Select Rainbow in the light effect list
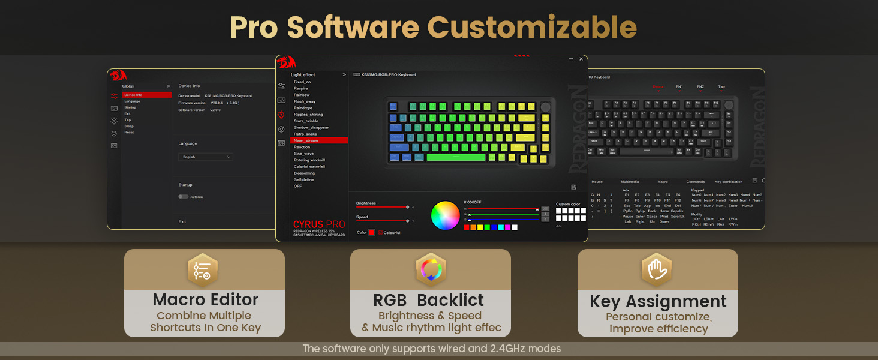pyautogui.click(x=302, y=95)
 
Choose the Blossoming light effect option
pyautogui.click(x=304, y=173)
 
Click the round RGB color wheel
pyautogui.click(x=445, y=215)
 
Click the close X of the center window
pyautogui.click(x=581, y=59)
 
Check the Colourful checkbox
pyautogui.click(x=380, y=232)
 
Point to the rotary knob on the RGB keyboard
pyautogui.click(x=545, y=107)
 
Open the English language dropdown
pyautogui.click(x=206, y=157)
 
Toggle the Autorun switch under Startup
pyautogui.click(x=183, y=197)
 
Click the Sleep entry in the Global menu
pyautogui.click(x=129, y=126)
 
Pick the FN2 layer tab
pyautogui.click(x=700, y=87)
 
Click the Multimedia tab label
pyautogui.click(x=630, y=182)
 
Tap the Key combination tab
pyautogui.click(x=728, y=182)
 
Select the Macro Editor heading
pyautogui.click(x=205, y=299)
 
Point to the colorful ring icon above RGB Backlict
pyautogui.click(x=431, y=270)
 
